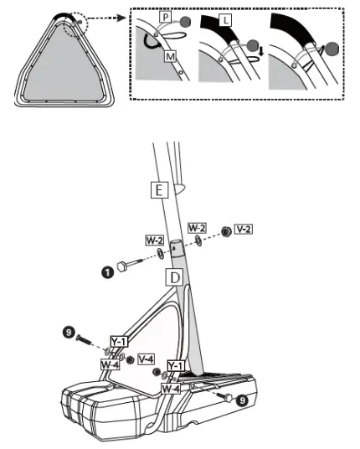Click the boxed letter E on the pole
[158, 189]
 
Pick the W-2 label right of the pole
[198, 228]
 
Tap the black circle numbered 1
[108, 271]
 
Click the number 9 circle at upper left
[70, 335]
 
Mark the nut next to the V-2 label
[225, 231]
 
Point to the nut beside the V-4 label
[130, 360]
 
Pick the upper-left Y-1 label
[119, 341]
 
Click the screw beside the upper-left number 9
[88, 340]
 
